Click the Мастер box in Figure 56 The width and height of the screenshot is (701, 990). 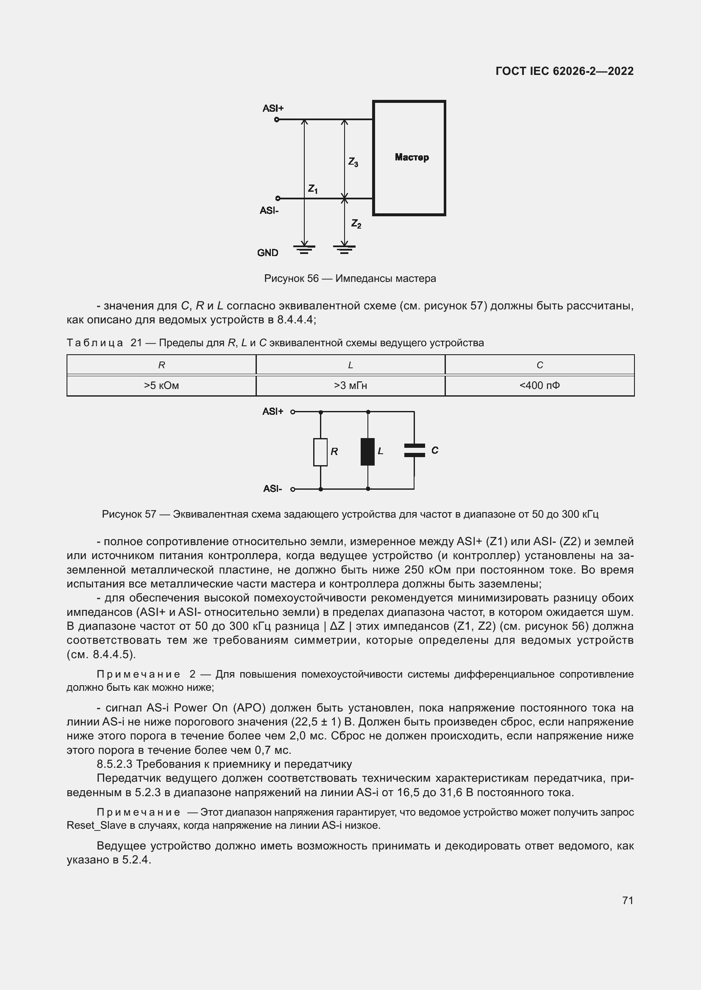[x=409, y=158]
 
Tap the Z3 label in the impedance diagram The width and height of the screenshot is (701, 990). [x=353, y=162]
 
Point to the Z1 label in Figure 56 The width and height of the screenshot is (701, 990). [x=313, y=189]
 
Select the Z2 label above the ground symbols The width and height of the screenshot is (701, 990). [x=356, y=223]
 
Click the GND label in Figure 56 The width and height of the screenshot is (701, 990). [x=267, y=253]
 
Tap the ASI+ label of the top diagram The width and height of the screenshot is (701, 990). [x=273, y=108]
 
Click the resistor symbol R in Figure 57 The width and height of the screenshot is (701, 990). [x=320, y=452]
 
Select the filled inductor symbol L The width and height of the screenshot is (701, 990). [x=368, y=452]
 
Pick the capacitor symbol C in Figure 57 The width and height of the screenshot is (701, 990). [x=414, y=450]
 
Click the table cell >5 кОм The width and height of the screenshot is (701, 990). [x=161, y=386]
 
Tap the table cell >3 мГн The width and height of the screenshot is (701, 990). [x=350, y=386]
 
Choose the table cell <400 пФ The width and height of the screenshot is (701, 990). [x=540, y=386]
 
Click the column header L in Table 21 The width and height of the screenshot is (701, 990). [x=350, y=365]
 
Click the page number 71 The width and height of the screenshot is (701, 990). [x=628, y=900]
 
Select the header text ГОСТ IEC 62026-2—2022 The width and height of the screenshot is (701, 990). [x=565, y=71]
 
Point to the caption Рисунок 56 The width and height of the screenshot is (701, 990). [x=291, y=279]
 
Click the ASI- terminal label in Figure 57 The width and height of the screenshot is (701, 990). [x=273, y=488]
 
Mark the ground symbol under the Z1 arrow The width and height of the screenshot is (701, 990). [x=304, y=249]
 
